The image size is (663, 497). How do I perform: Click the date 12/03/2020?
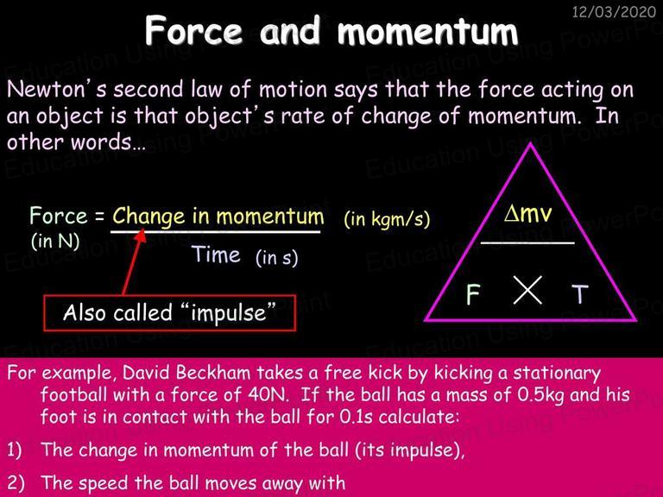coord(614,11)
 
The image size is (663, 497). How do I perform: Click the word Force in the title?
coord(193,30)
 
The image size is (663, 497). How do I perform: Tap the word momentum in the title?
coord(428,31)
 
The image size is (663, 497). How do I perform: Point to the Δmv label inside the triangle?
coord(527,212)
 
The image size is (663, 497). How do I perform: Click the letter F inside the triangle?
coord(473,294)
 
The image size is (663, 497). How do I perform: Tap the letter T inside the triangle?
coord(580,294)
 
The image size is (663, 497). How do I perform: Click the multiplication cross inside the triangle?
coord(527,290)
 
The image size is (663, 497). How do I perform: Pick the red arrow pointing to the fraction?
coord(133,261)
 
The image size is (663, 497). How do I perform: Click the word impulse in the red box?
coord(228,313)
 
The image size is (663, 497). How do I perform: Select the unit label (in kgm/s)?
coord(387,218)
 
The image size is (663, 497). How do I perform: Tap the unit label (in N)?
coord(55,242)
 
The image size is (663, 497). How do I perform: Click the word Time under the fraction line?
coord(216,255)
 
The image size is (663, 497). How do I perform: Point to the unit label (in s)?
coord(276,257)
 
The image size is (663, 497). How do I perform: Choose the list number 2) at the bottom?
coord(16,483)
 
